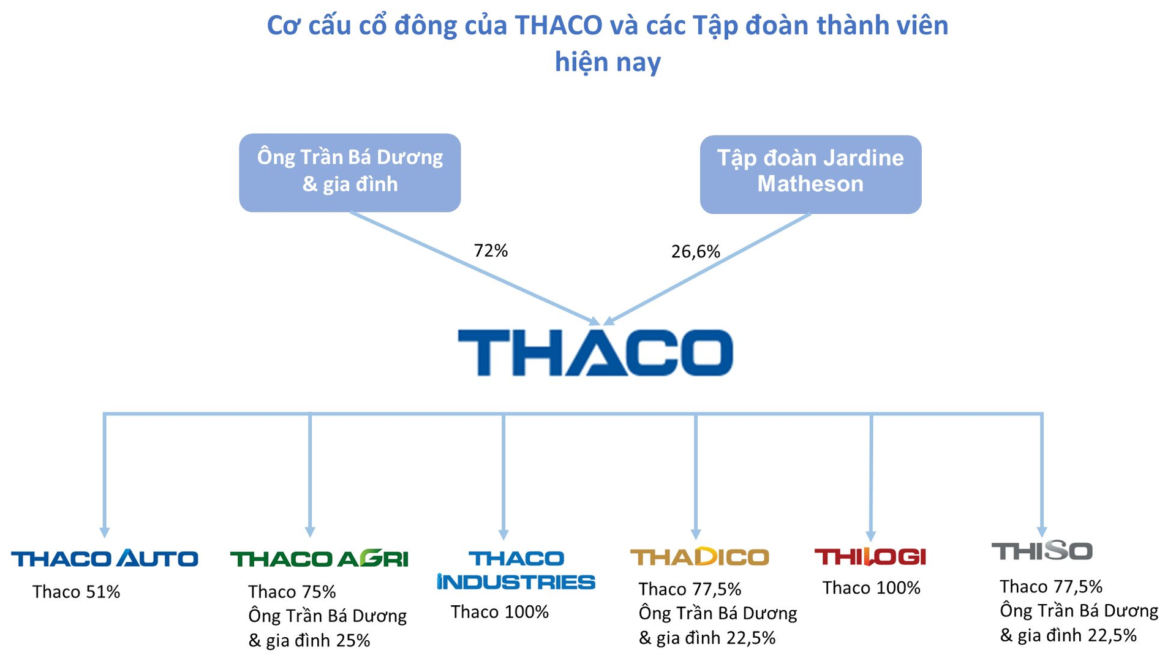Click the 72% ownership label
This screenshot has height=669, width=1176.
click(491, 251)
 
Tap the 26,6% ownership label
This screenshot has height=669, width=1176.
click(695, 252)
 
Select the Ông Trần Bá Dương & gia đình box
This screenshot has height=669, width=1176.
click(350, 173)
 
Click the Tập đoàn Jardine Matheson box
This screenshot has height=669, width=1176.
click(810, 175)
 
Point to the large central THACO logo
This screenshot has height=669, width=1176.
click(595, 352)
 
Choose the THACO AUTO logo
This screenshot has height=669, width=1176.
click(105, 558)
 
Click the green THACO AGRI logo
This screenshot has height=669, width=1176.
click(319, 559)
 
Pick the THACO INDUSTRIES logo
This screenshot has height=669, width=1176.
click(516, 570)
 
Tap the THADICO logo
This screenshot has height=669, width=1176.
click(699, 556)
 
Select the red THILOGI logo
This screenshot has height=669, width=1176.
click(870, 556)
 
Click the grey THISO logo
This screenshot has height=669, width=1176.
click(1042, 551)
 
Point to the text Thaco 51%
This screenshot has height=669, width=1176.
click(76, 592)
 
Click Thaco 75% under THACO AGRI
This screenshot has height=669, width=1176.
click(292, 592)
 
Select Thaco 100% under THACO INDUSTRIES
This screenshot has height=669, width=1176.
click(500, 612)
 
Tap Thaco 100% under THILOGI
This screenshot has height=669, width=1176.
click(872, 588)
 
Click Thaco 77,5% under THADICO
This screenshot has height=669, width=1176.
click(690, 589)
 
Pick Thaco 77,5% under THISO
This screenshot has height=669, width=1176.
click(1051, 587)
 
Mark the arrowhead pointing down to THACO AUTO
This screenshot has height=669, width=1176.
click(105, 532)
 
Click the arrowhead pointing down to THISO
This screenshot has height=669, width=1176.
click(1042, 532)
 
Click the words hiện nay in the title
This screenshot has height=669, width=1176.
click(608, 62)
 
